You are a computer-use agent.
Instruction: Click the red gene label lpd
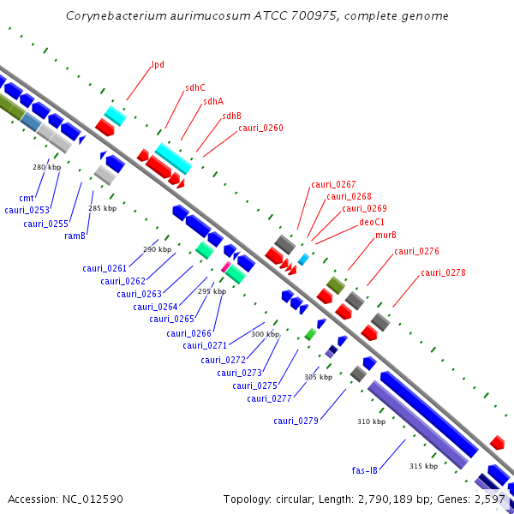(158, 64)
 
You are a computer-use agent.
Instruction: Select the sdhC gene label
(194, 87)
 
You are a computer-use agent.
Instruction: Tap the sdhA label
(213, 101)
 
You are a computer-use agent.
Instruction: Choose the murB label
(385, 235)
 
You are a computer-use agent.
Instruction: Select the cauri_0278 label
(443, 272)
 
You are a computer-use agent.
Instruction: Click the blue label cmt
(26, 198)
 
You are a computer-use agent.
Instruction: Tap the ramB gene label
(75, 236)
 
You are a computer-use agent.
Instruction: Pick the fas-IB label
(365, 470)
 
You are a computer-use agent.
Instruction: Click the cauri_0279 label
(296, 421)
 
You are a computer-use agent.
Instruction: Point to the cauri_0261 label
(105, 268)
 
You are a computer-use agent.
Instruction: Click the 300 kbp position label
(265, 334)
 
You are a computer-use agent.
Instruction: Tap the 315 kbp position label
(423, 466)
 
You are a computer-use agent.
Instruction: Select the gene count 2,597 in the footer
(488, 499)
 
